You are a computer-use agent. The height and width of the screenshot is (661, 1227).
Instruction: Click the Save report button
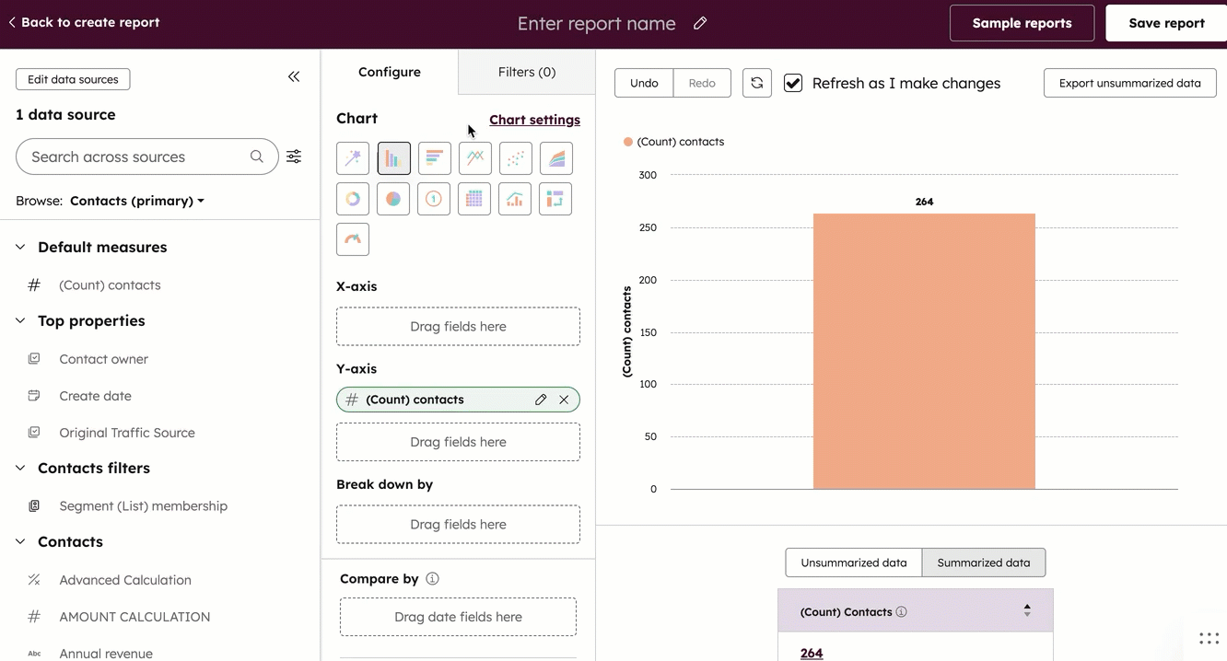tap(1166, 23)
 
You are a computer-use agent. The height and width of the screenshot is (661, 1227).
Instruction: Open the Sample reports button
tap(1022, 23)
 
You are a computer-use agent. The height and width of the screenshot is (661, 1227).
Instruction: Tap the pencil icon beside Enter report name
tap(700, 23)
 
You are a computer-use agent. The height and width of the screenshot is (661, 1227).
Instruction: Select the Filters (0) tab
tap(526, 72)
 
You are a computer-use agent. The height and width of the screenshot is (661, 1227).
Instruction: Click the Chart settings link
tap(534, 120)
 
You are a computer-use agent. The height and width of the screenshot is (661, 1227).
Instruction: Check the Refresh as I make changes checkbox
tap(792, 83)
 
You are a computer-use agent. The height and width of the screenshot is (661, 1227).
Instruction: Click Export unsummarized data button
tap(1129, 83)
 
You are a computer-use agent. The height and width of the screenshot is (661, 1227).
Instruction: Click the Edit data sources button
tap(73, 79)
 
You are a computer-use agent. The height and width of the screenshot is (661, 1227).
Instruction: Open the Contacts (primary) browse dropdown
tap(137, 201)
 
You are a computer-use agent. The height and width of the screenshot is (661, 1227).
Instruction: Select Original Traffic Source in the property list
tap(127, 433)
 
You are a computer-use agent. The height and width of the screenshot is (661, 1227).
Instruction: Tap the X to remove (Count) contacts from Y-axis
tap(564, 400)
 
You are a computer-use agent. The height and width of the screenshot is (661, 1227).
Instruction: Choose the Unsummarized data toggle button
tap(853, 562)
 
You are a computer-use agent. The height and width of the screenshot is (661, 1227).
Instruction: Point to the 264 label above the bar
tap(924, 202)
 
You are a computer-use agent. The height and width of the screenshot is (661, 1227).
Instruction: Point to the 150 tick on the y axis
tap(648, 332)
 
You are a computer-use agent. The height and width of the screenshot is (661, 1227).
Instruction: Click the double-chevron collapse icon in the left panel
tap(294, 77)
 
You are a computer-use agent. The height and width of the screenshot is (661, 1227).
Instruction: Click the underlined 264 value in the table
tap(812, 653)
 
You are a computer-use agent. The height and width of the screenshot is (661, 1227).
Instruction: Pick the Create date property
tap(95, 396)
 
